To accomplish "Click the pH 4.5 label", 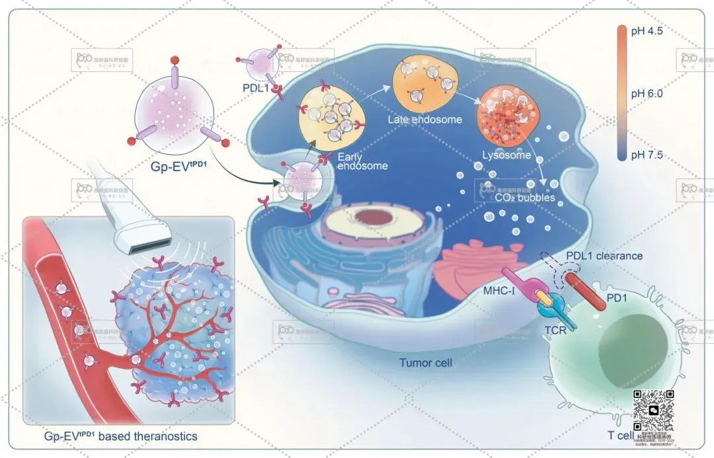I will coord(649,32).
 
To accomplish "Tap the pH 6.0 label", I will coord(649,94).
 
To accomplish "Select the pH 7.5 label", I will coord(649,155).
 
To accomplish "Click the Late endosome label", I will coord(424,120).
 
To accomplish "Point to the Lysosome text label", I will coord(506,155).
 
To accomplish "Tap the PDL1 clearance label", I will coord(604,256).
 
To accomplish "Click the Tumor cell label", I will coord(426,363).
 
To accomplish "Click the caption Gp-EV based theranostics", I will coord(120,436).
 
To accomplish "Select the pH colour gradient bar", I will coord(621,93).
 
